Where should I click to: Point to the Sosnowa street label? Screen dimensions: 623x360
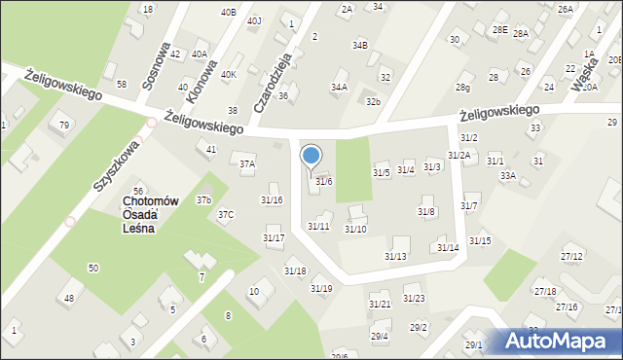(x=157, y=66)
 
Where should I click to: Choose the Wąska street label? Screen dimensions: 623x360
(x=587, y=71)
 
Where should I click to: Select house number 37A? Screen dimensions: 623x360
(x=247, y=164)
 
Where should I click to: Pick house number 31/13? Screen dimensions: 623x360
(x=395, y=256)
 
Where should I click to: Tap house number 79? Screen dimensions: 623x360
(x=64, y=126)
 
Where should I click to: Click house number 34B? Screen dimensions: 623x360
(x=360, y=45)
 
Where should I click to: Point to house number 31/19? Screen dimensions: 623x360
(x=321, y=288)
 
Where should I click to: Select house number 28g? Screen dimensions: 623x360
(x=463, y=88)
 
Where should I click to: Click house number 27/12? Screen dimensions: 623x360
(x=571, y=256)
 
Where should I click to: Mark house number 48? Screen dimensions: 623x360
(x=69, y=298)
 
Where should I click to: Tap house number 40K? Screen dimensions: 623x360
(x=229, y=75)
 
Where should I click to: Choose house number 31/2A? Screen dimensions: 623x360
(x=459, y=156)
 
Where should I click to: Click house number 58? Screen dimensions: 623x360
(x=122, y=85)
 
